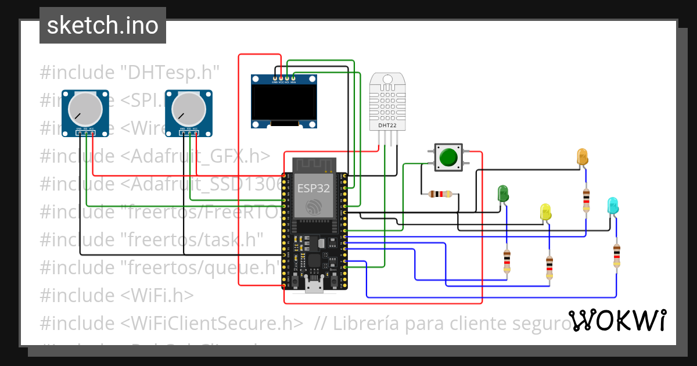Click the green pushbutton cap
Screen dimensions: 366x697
click(x=448, y=157)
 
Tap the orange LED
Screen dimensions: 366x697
click(x=582, y=156)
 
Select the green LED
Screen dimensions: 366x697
click(x=503, y=193)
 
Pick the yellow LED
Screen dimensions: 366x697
click(x=545, y=211)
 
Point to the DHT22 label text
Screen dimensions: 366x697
click(x=387, y=124)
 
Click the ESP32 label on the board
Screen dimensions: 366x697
click(x=314, y=188)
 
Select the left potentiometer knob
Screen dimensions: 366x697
click(x=84, y=109)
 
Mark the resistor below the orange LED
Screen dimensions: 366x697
click(x=585, y=200)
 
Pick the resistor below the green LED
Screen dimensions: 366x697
click(x=507, y=261)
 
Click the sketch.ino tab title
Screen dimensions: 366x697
click(x=103, y=26)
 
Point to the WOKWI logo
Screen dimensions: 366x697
click(x=617, y=320)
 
